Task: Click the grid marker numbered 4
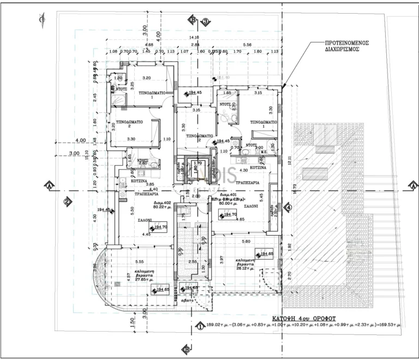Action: click(x=289, y=207)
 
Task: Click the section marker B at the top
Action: click(x=192, y=20)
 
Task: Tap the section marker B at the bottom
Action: click(x=186, y=350)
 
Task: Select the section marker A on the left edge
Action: click(x=50, y=185)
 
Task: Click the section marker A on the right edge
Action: click(x=414, y=185)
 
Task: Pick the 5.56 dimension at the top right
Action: click(x=247, y=45)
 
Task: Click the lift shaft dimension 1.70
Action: click(x=198, y=163)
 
